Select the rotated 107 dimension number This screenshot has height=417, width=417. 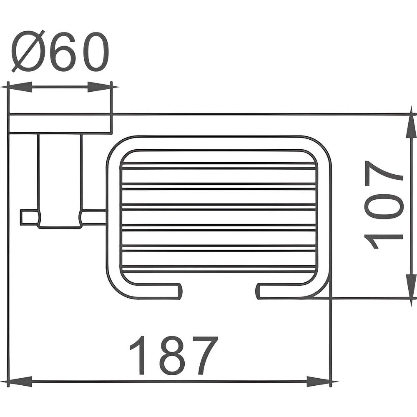click(383, 204)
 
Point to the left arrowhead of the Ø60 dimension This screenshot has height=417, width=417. click(20, 87)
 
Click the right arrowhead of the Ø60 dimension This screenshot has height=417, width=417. click(99, 87)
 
